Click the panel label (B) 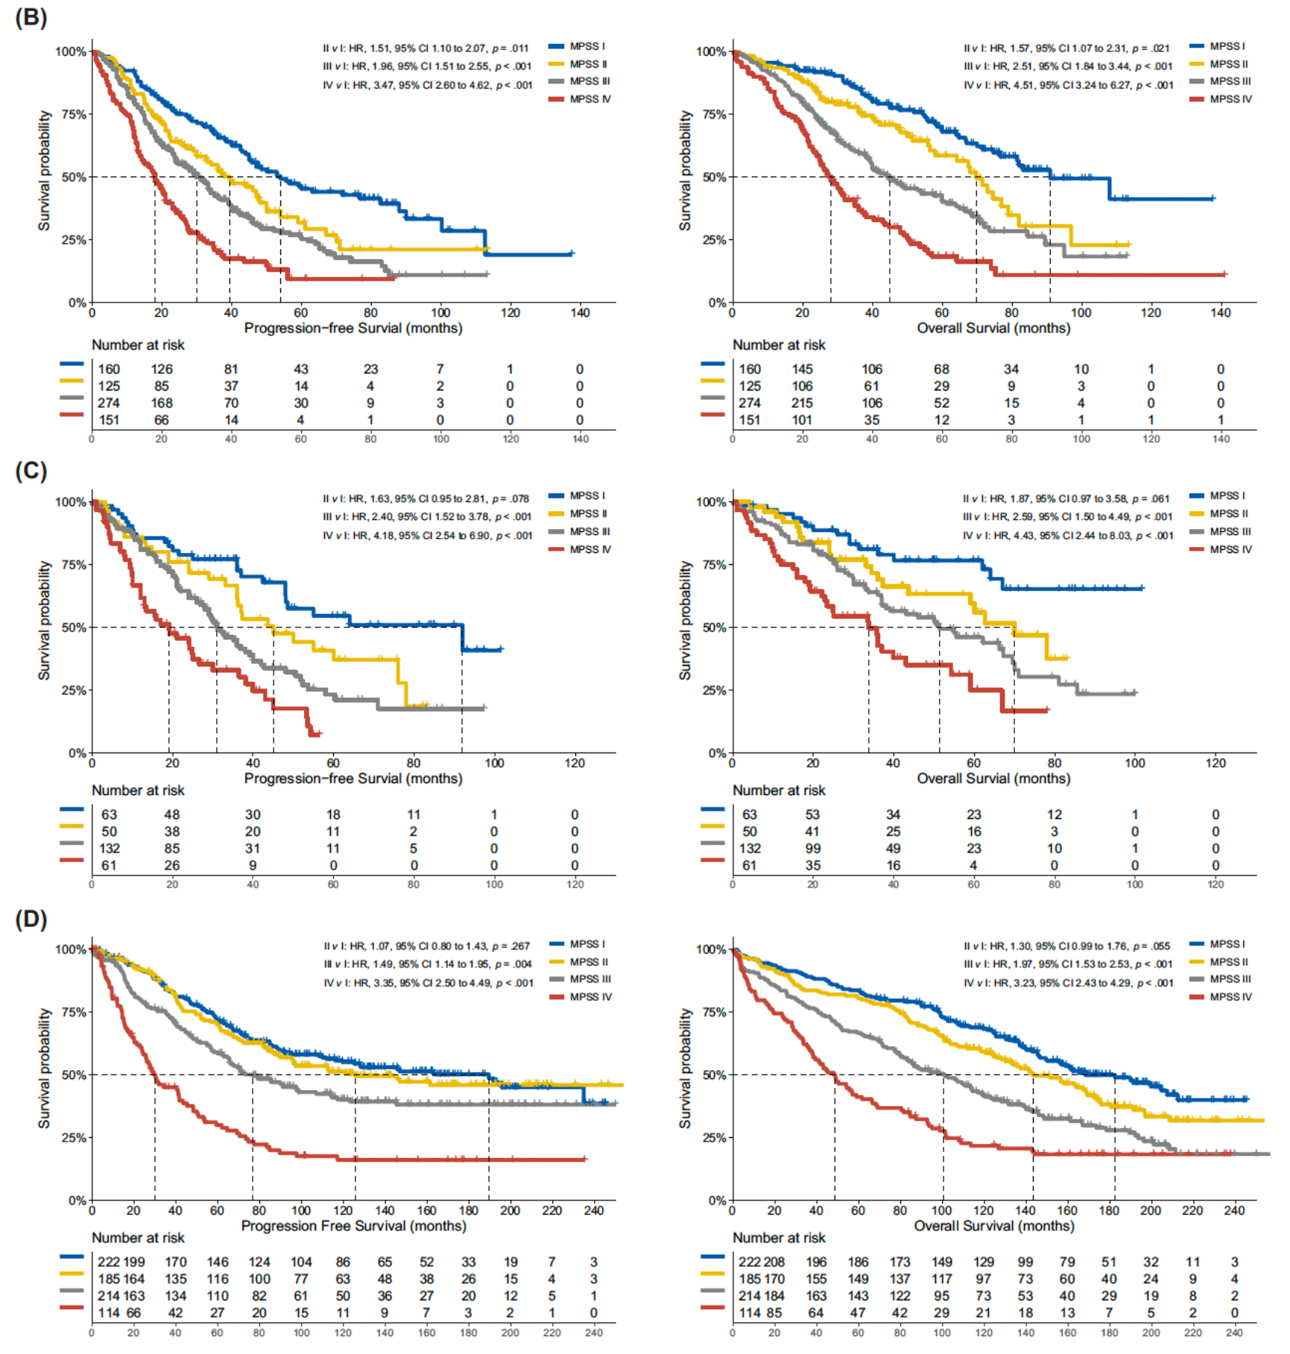tap(31, 17)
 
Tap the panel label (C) tap(31, 471)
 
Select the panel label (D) tap(31, 919)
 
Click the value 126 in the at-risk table tap(162, 369)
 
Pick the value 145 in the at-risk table tap(802, 369)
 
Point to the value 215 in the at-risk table tap(802, 403)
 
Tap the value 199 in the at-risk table tap(134, 1262)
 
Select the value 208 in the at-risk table tap(774, 1262)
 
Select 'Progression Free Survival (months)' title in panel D tap(353, 1226)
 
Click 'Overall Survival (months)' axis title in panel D tap(993, 1226)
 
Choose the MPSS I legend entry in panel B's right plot tap(1219, 46)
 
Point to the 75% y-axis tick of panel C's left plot tap(73, 565)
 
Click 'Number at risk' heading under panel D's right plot tap(779, 1238)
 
